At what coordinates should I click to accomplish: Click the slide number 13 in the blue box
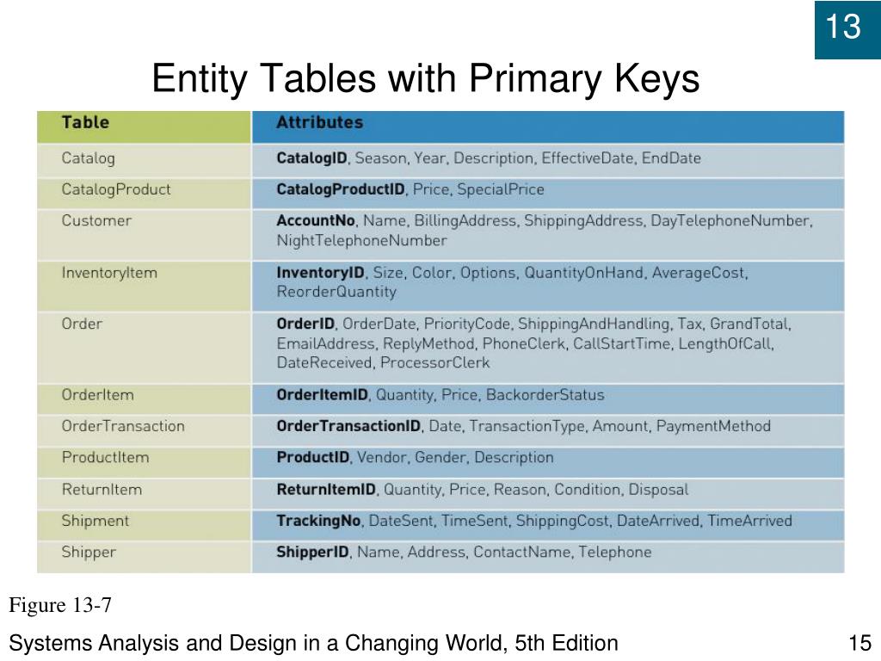(843, 28)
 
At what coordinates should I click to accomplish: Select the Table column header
(85, 122)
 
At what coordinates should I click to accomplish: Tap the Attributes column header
(319, 122)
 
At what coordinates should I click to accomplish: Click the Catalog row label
(88, 158)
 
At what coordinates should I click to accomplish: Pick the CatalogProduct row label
(115, 189)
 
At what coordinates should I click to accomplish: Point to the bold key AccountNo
(316, 220)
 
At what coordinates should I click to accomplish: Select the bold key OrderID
(305, 324)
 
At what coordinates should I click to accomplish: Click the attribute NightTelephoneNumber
(361, 240)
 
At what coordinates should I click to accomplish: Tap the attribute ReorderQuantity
(336, 292)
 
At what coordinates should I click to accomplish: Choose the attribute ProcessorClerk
(434, 362)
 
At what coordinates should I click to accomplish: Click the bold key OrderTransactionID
(348, 426)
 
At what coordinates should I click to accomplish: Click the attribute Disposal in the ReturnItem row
(658, 490)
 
